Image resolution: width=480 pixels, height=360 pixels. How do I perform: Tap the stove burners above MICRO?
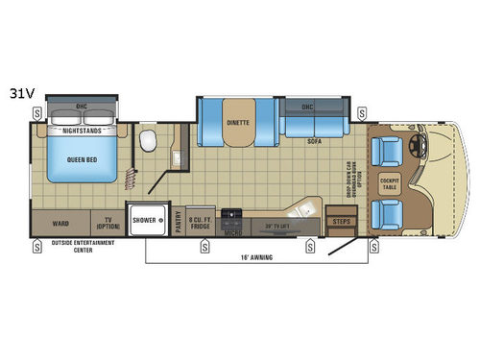pyautogui.click(x=231, y=214)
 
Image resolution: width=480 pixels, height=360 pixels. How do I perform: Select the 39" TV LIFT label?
pyautogui.click(x=276, y=226)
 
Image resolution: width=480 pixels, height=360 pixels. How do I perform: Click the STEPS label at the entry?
pyautogui.click(x=341, y=222)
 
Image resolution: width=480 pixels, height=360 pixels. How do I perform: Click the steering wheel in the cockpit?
pyautogui.click(x=417, y=148)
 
